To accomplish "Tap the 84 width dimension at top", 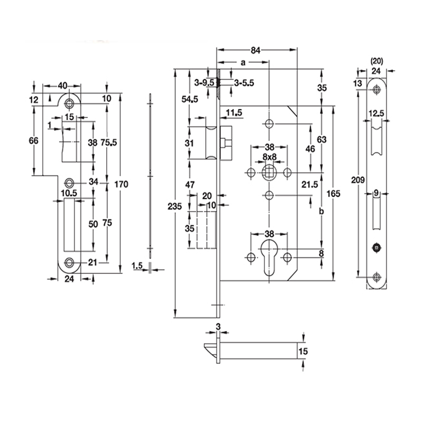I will tap(255, 51).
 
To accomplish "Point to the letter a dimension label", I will tap(243, 62).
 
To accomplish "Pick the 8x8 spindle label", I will tap(269, 158).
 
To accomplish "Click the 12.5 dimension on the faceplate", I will tap(376, 113).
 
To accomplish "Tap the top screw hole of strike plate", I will tap(69, 102).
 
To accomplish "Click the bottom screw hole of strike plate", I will tap(69, 262).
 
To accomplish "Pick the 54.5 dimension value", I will tap(189, 99).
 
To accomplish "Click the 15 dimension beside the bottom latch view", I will tap(303, 351).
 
